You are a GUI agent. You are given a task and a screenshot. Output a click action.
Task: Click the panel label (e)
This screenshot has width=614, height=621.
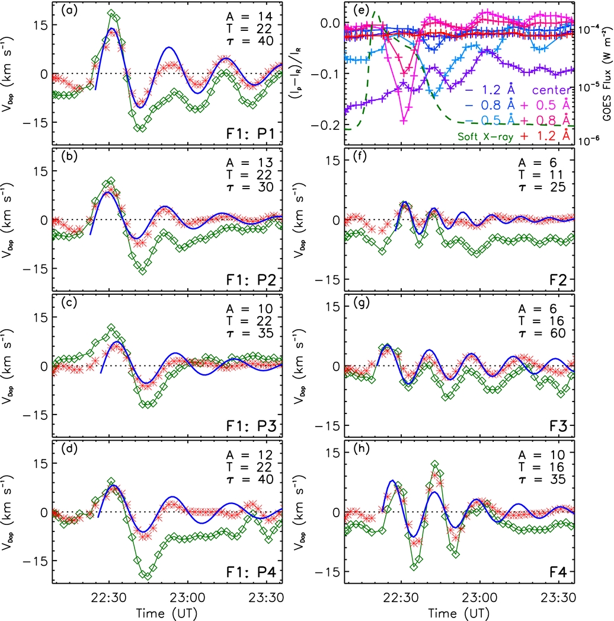point(358,11)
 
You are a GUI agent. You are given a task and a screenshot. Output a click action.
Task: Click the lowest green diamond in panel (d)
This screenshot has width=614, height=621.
point(148,575)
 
